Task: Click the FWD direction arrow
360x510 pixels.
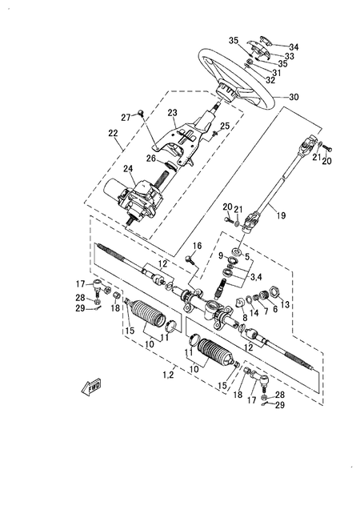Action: pos(90,388)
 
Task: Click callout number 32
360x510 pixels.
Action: pos(270,80)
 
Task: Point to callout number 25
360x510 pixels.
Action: pos(225,126)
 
